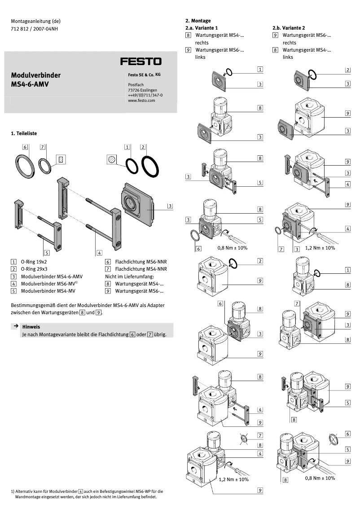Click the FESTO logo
pos(140,61)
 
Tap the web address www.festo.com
pos(141,101)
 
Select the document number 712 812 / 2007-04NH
pos(35,29)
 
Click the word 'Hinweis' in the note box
pos(31,327)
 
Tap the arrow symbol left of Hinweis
pos(15,326)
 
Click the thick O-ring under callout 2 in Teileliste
pos(150,167)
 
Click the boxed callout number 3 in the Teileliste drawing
pos(170,206)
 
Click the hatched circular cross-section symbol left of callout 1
pos(112,159)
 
